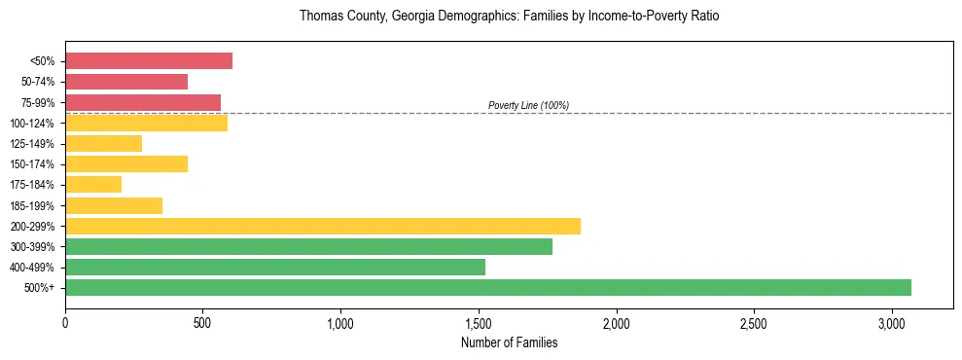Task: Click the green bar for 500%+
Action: (x=488, y=287)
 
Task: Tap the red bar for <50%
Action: (x=149, y=60)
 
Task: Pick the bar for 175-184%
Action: (x=93, y=184)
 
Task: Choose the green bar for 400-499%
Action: (x=275, y=267)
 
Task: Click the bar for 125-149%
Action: (x=104, y=143)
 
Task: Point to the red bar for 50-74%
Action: (x=126, y=82)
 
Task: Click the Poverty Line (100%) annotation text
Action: (x=528, y=105)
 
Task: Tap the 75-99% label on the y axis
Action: (x=38, y=102)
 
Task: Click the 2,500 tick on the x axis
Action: (x=754, y=323)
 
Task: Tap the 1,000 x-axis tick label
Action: (x=340, y=323)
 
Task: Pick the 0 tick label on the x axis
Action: (x=65, y=323)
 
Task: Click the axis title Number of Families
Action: (x=509, y=342)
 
